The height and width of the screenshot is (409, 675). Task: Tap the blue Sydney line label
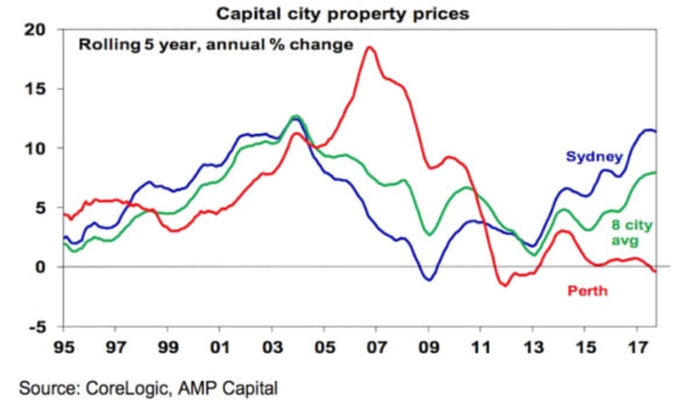(594, 156)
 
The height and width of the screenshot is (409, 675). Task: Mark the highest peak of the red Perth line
(369, 47)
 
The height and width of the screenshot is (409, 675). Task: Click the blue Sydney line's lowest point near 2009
(429, 280)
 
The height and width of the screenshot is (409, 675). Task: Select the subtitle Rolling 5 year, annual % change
(216, 45)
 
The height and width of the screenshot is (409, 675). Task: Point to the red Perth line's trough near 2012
(505, 285)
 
